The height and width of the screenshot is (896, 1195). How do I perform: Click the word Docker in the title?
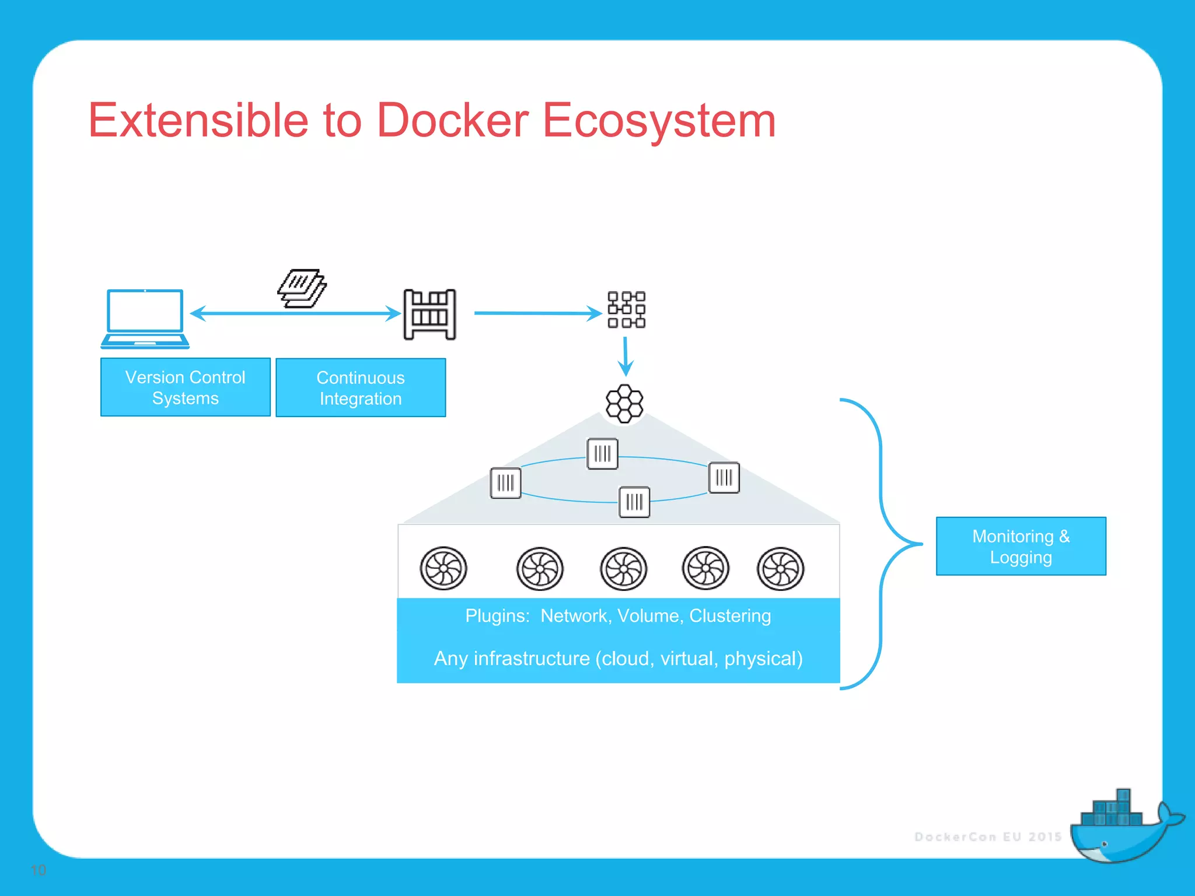point(452,120)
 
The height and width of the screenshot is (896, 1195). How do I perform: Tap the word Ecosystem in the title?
point(659,120)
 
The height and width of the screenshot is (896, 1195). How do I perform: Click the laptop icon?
point(145,318)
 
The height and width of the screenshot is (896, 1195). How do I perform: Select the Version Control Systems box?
point(186,387)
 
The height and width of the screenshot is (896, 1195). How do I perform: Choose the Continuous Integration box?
point(361,388)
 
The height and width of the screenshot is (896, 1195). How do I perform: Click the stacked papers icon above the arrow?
point(302,288)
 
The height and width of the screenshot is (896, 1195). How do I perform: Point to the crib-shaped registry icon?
point(430,314)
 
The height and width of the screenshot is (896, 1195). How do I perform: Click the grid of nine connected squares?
point(626,310)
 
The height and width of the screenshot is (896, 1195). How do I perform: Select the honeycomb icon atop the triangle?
point(624,404)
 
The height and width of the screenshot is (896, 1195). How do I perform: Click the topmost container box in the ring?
point(602,454)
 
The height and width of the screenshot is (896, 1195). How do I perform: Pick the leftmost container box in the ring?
point(505,483)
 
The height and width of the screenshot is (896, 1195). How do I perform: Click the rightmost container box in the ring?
point(724,478)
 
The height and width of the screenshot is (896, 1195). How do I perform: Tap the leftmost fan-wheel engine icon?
point(443,568)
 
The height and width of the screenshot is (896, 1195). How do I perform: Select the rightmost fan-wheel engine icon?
point(780,569)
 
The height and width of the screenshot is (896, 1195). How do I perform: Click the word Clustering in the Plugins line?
point(730,616)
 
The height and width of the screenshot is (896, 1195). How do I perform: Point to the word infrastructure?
point(532,659)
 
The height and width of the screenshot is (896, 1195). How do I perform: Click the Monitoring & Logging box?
point(1021,547)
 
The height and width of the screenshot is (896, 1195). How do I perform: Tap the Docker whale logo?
point(1120,828)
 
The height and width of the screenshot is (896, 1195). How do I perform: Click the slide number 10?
point(39,870)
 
